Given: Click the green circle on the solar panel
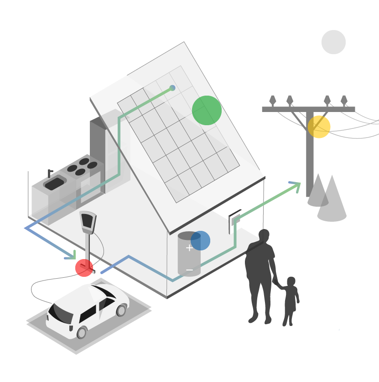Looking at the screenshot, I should (x=207, y=110).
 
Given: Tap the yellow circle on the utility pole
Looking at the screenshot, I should (x=319, y=127).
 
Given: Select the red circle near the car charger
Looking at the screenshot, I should (x=84, y=268).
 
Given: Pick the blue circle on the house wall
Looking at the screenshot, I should (x=200, y=240).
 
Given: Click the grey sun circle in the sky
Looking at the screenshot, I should (x=333, y=42).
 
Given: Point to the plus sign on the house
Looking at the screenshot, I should (x=189, y=248).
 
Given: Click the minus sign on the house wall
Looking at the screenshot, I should (x=189, y=270).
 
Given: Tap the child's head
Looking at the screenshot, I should (x=291, y=281).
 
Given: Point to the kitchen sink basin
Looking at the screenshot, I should (x=55, y=183).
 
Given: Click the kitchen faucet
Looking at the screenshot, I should (x=49, y=173).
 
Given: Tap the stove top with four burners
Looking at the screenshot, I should (x=82, y=167).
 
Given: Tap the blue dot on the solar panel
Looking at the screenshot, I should (x=172, y=88).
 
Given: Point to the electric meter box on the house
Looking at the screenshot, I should (x=234, y=221).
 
